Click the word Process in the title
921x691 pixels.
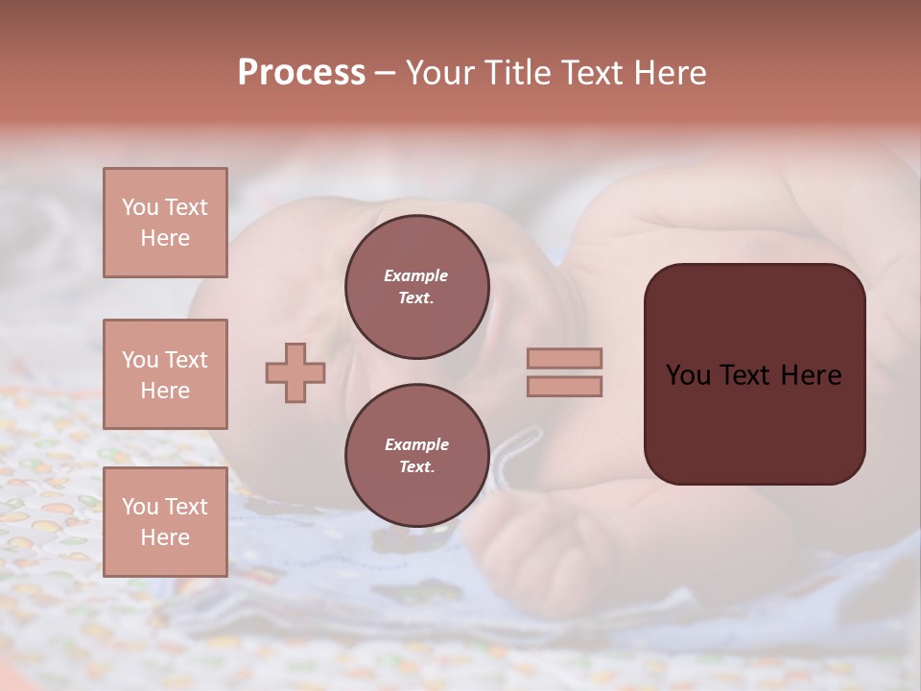(x=301, y=73)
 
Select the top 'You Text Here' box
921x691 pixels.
(x=165, y=223)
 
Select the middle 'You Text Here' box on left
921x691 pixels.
(x=165, y=374)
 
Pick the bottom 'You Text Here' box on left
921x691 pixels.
(x=165, y=522)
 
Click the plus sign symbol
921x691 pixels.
(x=295, y=372)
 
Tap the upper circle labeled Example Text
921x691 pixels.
(x=417, y=287)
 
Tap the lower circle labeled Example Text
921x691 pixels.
(x=417, y=456)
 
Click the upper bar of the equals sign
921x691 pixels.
(x=565, y=358)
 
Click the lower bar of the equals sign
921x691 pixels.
(x=565, y=386)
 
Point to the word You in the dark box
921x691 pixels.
(x=687, y=375)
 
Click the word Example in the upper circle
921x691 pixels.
(x=416, y=275)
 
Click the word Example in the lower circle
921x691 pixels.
(x=416, y=444)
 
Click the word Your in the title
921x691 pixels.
(x=439, y=73)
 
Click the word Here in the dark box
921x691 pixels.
(x=811, y=375)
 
